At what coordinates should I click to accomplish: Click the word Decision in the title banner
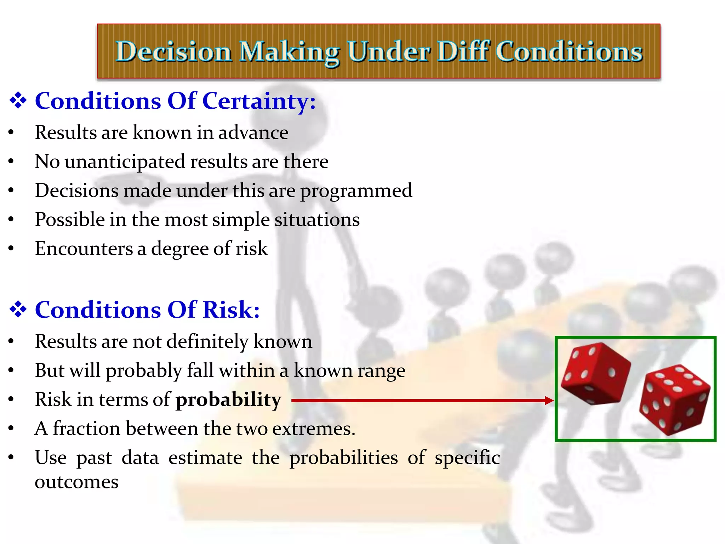(174, 52)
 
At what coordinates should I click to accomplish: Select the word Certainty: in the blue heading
(259, 101)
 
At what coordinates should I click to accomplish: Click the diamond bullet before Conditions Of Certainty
(18, 101)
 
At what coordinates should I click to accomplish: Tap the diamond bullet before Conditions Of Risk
(18, 310)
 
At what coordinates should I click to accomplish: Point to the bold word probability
(228, 400)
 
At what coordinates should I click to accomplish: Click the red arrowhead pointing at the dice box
(549, 401)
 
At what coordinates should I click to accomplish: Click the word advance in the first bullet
(253, 132)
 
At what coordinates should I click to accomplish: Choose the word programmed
(356, 191)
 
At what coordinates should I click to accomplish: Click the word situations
(317, 220)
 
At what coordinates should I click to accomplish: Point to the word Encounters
(84, 249)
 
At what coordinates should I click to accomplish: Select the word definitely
(207, 342)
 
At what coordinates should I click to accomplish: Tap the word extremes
(313, 429)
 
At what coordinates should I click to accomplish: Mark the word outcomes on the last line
(76, 482)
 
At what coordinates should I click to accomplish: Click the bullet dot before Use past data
(11, 458)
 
